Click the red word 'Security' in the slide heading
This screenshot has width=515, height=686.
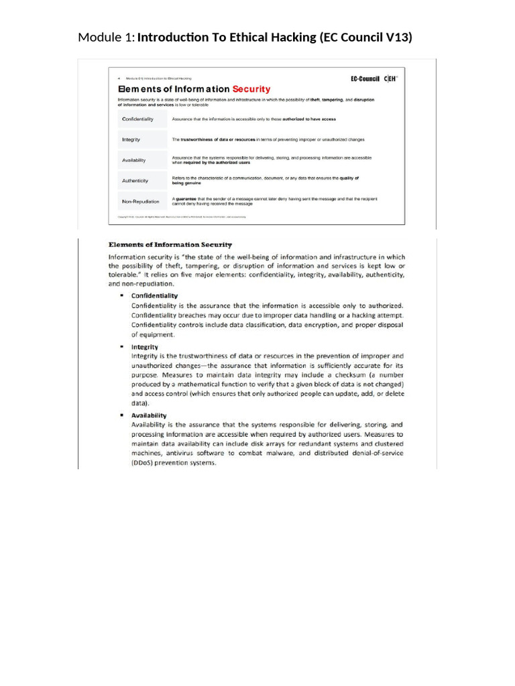(251, 89)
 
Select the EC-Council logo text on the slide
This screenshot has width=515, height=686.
(365, 78)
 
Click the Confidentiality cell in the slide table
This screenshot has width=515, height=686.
(137, 119)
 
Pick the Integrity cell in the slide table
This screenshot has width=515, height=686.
(131, 139)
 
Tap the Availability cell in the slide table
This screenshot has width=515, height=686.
(135, 161)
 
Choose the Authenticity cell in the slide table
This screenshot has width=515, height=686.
(135, 181)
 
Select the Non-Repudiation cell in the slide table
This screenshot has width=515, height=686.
(141, 201)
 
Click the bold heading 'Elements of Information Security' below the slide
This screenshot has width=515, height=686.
(171, 245)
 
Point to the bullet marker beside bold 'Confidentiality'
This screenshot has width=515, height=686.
(122, 295)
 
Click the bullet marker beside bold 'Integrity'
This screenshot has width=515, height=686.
(122, 347)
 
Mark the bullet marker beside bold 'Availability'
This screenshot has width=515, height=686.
(122, 415)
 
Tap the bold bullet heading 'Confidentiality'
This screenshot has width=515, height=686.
(155, 295)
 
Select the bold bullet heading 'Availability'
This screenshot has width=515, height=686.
(149, 415)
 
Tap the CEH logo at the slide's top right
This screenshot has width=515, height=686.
(390, 78)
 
